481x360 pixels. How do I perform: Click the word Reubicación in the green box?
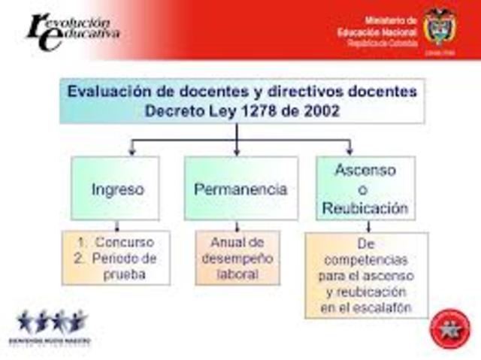point(365,207)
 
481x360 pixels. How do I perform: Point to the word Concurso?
point(124,242)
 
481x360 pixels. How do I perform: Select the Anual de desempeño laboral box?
point(237,258)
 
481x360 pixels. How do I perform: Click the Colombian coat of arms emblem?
point(440,27)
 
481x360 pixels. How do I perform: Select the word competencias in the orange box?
point(367,259)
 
